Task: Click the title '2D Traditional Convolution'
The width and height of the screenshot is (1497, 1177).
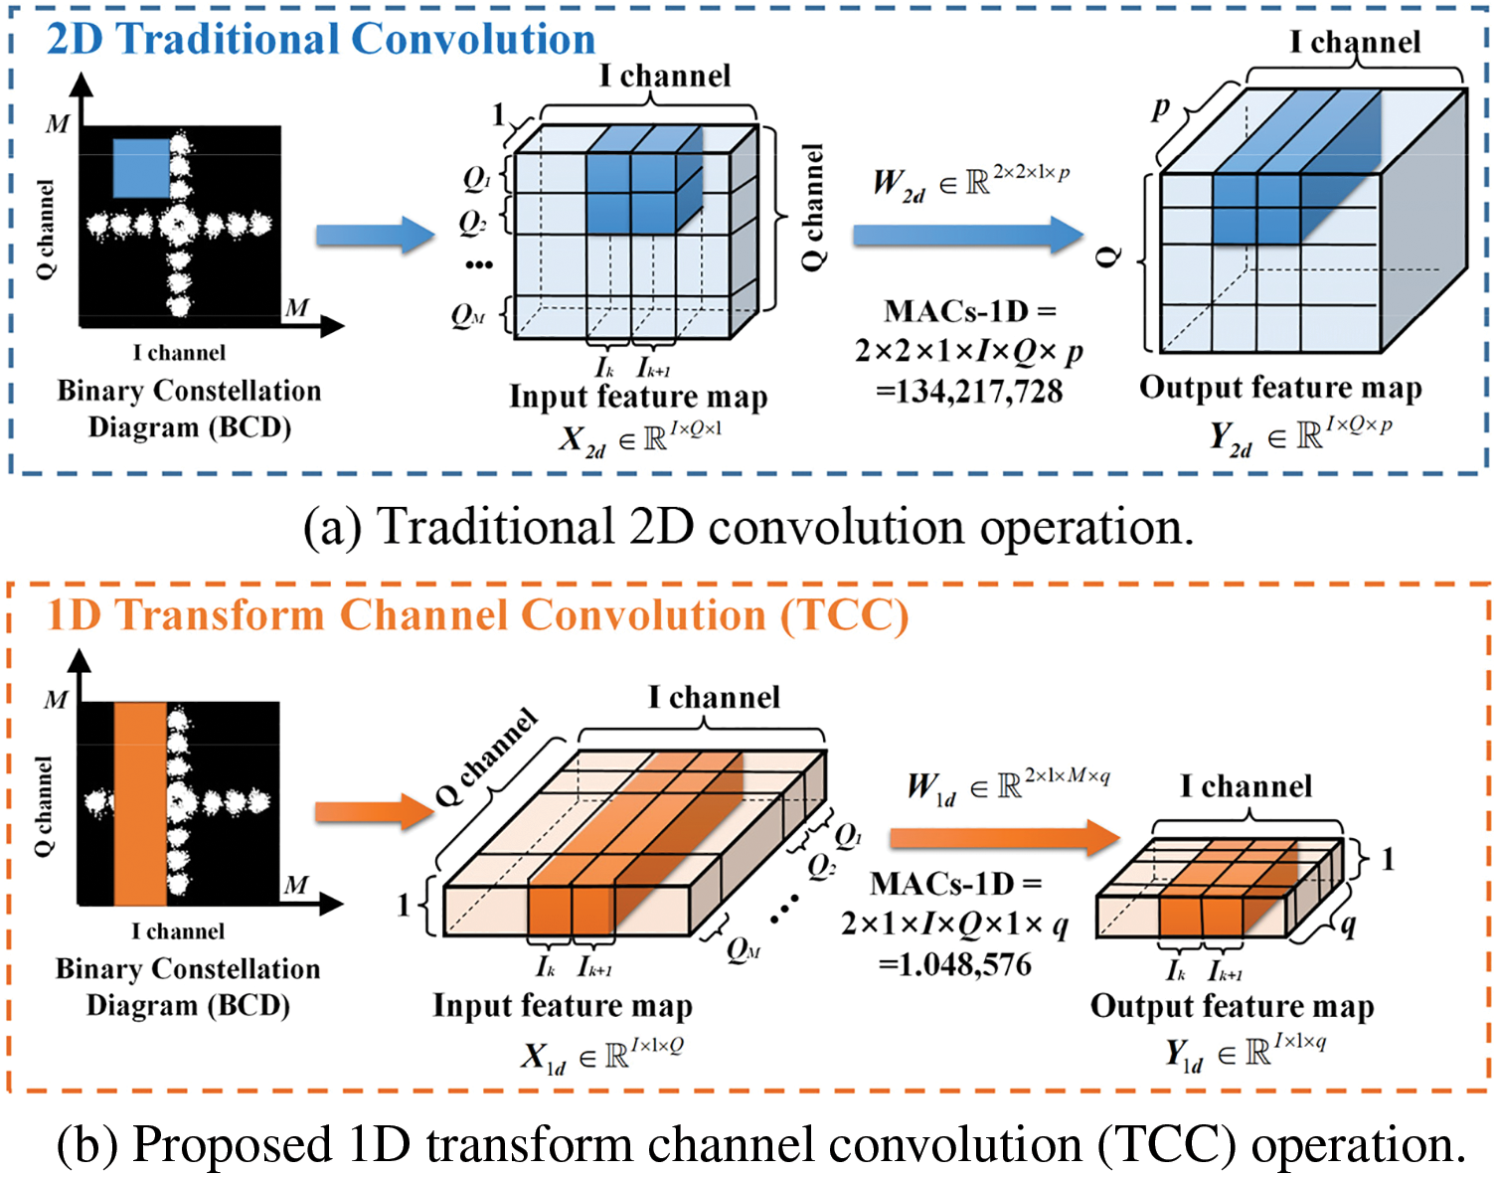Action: point(320,40)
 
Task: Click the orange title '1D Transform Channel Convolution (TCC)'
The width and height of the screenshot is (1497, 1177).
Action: point(477,615)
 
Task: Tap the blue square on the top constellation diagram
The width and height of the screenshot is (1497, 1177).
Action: point(140,168)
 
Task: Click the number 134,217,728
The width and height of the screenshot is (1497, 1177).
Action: point(969,392)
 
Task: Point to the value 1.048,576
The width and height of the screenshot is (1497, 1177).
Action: point(955,964)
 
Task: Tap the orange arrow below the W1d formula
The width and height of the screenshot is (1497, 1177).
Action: point(1004,837)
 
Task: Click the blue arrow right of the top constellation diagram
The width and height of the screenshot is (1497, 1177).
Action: point(375,236)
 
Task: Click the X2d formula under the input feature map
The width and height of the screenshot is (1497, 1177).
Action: point(640,437)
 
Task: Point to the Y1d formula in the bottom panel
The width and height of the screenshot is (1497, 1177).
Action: point(1246,1053)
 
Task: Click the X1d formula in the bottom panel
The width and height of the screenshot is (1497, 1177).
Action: point(602,1055)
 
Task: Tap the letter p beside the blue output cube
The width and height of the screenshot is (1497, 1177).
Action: point(1160,108)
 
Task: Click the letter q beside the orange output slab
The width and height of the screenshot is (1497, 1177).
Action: point(1349,925)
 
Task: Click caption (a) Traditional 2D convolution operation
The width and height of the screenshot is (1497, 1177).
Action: point(748,527)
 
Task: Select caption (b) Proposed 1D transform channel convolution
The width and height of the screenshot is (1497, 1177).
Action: point(760,1144)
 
